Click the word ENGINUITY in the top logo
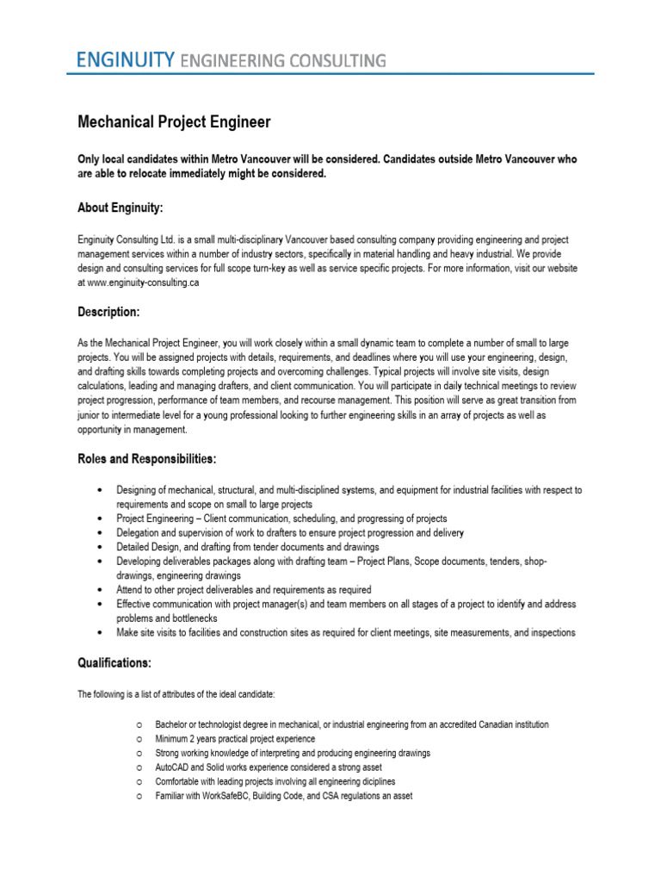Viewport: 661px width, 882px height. tap(126, 59)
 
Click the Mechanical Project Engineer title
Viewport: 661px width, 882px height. tap(174, 122)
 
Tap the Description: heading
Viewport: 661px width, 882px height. tap(108, 311)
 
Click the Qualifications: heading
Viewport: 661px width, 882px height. tap(114, 663)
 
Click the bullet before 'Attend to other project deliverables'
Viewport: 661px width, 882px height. tap(103, 590)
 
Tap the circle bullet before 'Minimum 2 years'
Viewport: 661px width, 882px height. tap(139, 739)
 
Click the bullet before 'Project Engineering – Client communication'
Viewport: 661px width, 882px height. tap(103, 519)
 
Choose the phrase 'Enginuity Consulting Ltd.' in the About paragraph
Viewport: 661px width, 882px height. tap(126, 239)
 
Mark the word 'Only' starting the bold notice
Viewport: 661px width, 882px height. tap(90, 159)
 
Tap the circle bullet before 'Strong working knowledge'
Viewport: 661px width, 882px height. tap(139, 753)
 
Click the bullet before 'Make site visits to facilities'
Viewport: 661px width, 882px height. tap(103, 632)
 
